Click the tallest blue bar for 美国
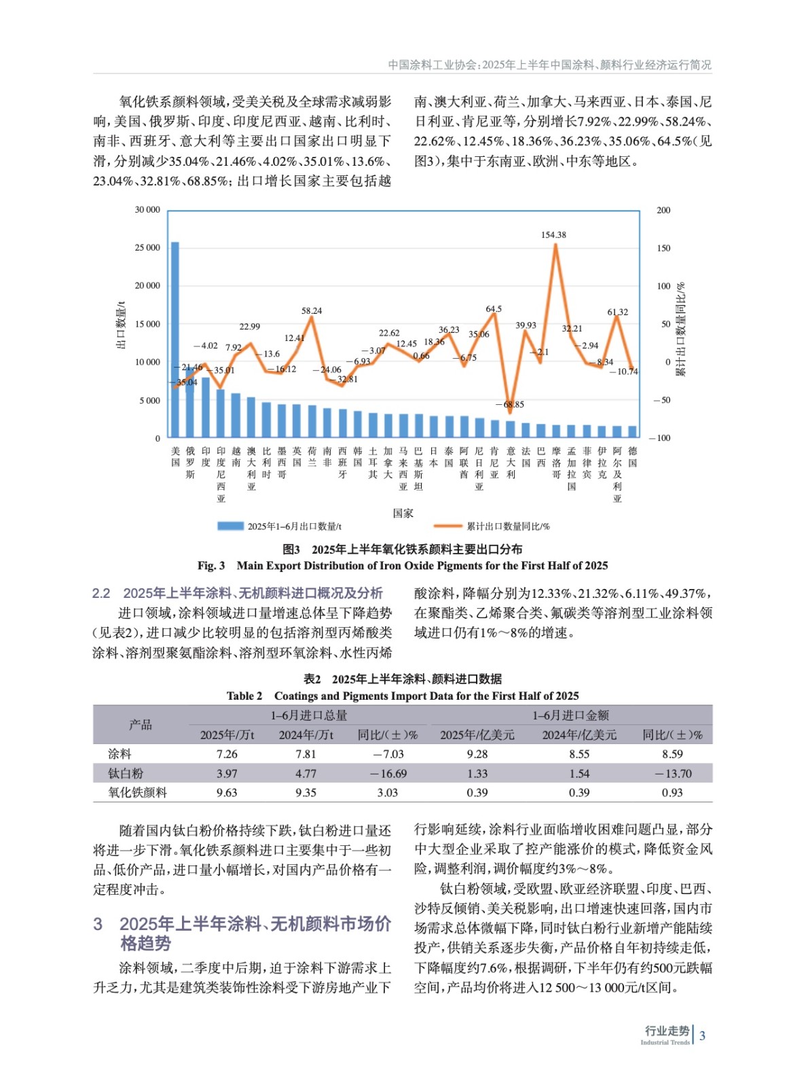pyautogui.click(x=175, y=340)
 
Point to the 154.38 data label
pyautogui.click(x=553, y=235)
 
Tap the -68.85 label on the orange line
pyautogui.click(x=510, y=404)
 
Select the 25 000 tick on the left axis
pyautogui.click(x=147, y=248)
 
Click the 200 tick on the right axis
pyautogui.click(x=663, y=211)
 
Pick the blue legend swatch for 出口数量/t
pyautogui.click(x=230, y=526)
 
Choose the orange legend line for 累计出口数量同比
pyautogui.click(x=447, y=526)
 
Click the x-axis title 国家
pyautogui.click(x=403, y=514)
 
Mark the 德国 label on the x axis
pyautogui.click(x=632, y=457)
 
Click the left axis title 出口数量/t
pyautogui.click(x=122, y=325)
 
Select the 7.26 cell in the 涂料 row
pyautogui.click(x=227, y=754)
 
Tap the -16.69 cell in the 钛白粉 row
pyautogui.click(x=388, y=773)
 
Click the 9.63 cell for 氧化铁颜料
pyautogui.click(x=227, y=792)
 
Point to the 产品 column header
pyautogui.click(x=141, y=725)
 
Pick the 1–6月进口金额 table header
pyautogui.click(x=570, y=715)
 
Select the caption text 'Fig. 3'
pyautogui.click(x=211, y=565)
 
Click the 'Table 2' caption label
pyautogui.click(x=244, y=696)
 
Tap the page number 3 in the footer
pyautogui.click(x=703, y=1035)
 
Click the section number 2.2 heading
pyautogui.click(x=101, y=593)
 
